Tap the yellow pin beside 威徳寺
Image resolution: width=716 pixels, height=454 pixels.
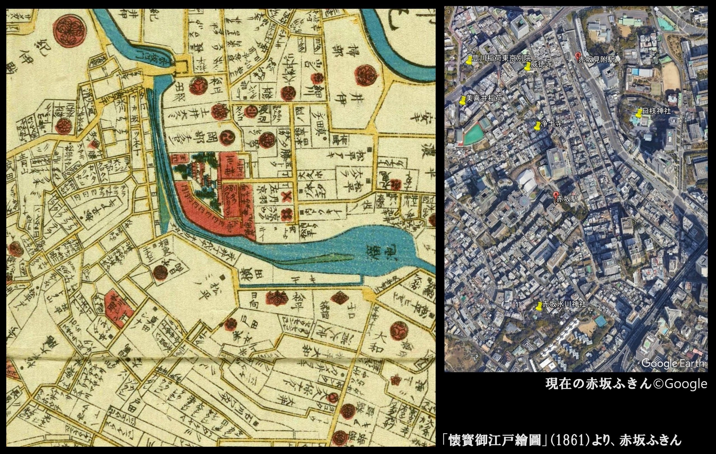(527, 67)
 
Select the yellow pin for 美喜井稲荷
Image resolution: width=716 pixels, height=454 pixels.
(462, 100)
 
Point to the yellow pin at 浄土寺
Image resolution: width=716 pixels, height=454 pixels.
(537, 126)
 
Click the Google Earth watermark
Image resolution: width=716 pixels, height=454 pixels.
(673, 364)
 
